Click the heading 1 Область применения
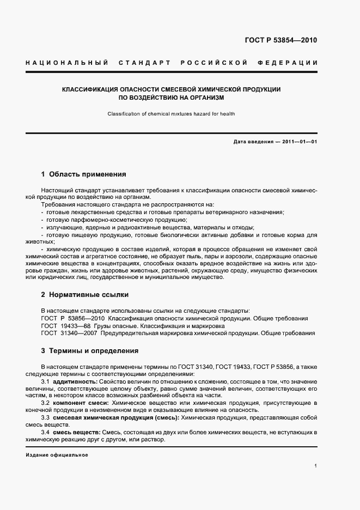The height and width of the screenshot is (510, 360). (x=83, y=174)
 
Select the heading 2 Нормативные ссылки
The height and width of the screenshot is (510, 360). (x=84, y=295)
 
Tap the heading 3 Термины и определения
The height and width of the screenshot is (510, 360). (x=89, y=350)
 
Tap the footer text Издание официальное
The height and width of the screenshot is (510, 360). (x=57, y=455)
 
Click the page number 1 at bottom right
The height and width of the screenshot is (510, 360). (x=316, y=466)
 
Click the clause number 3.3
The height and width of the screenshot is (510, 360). (x=46, y=417)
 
